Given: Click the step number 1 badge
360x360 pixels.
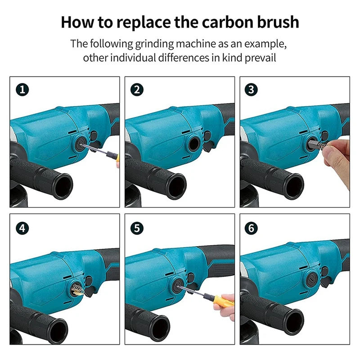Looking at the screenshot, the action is pyautogui.click(x=22, y=90).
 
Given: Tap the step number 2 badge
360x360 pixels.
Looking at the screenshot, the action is pyautogui.click(x=137, y=90).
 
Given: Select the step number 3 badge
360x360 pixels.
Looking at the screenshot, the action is pyautogui.click(x=251, y=90).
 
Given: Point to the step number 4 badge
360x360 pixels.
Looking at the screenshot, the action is pyautogui.click(x=22, y=228).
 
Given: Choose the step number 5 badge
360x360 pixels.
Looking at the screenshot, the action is pyautogui.click(x=137, y=228).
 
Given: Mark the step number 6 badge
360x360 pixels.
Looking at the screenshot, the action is pyautogui.click(x=251, y=228).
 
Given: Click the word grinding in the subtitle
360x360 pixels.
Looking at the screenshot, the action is pyautogui.click(x=154, y=44).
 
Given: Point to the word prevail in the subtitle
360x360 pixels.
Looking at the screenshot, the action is pyautogui.click(x=260, y=58).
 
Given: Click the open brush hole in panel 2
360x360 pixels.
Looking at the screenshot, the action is pyautogui.click(x=194, y=144).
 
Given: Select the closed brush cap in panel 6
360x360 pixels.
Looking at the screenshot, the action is pyautogui.click(x=311, y=279).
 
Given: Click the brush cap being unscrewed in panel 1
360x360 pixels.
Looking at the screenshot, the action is pyautogui.click(x=80, y=144).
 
